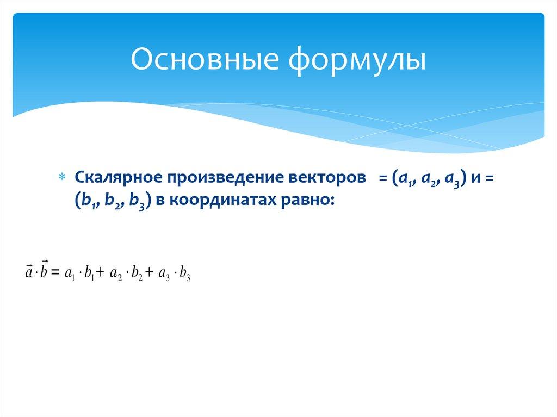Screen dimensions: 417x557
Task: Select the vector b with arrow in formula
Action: click(44, 270)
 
